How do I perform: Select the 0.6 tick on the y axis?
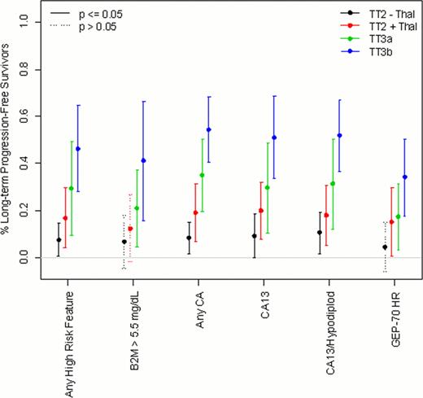click(32, 116)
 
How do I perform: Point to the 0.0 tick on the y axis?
click(32, 258)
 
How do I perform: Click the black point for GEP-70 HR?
click(384, 247)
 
